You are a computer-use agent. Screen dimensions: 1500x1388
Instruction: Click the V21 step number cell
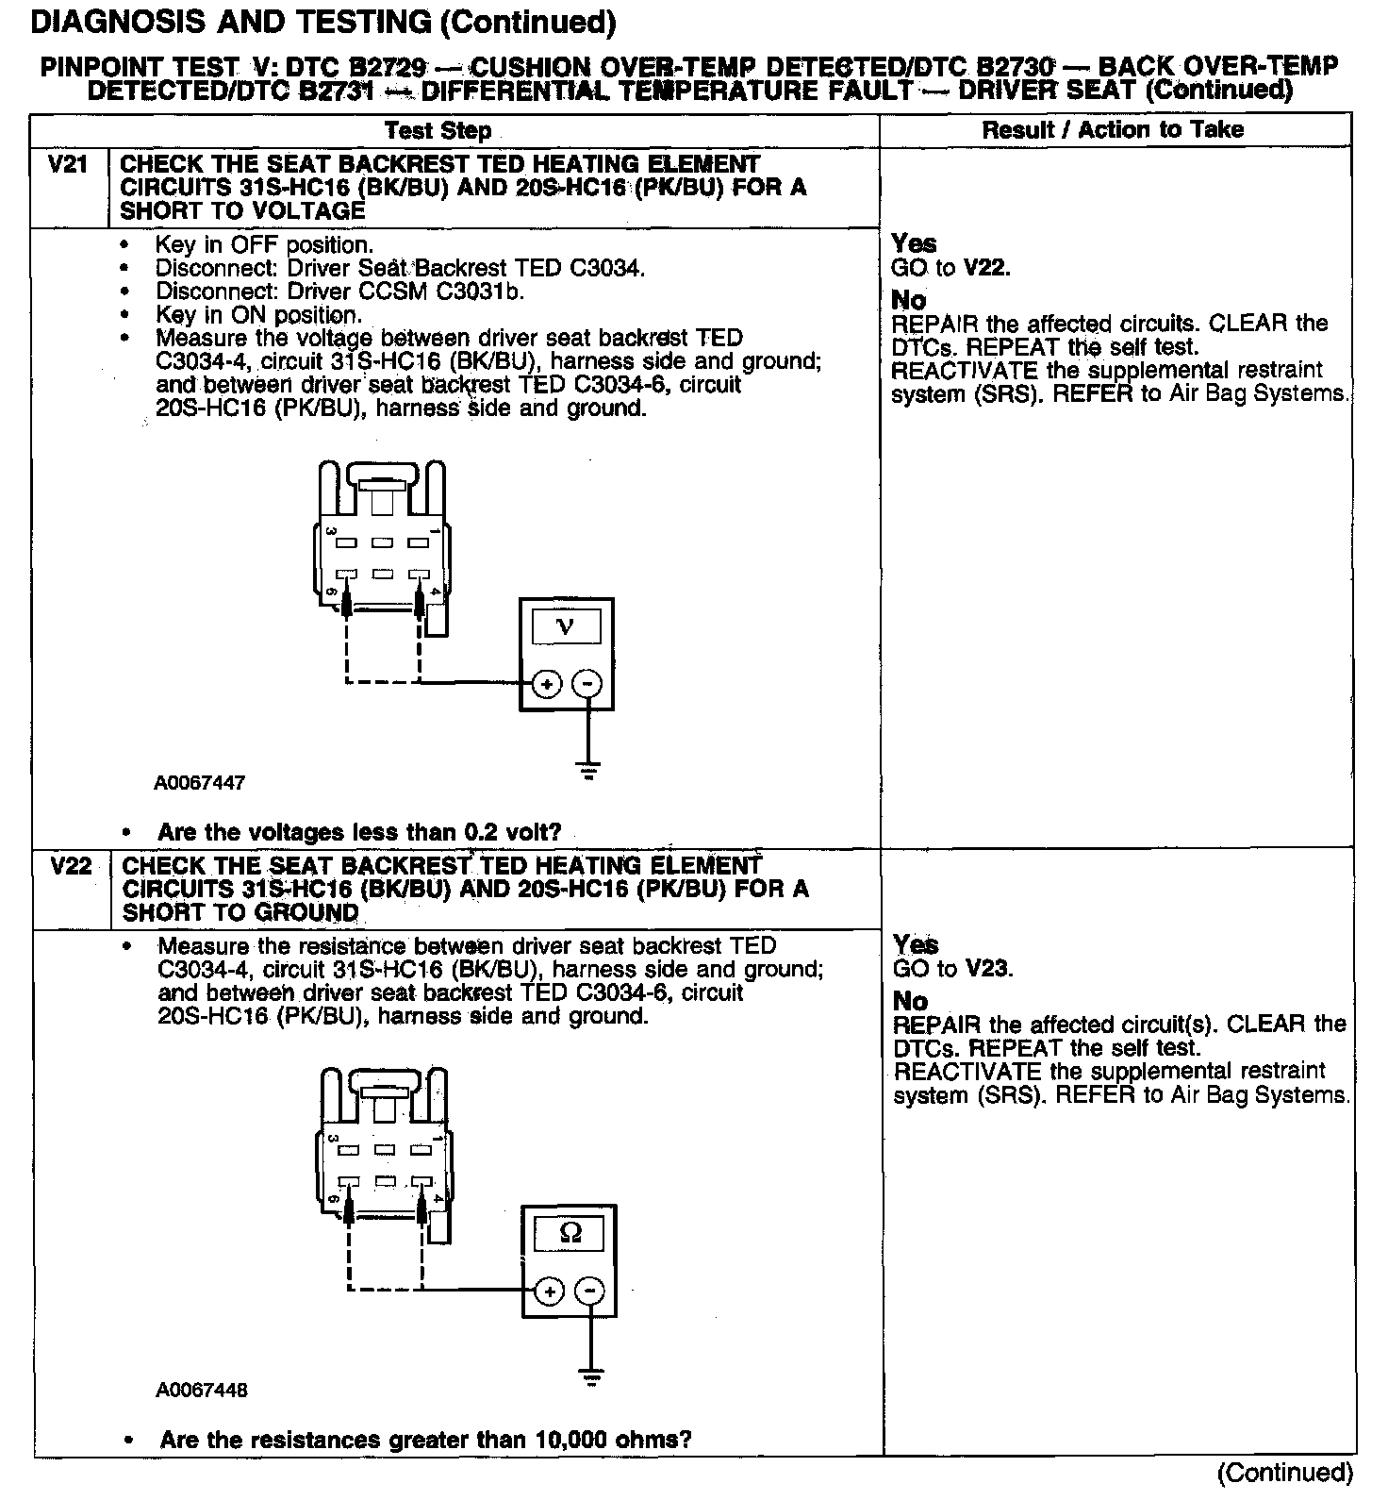(x=68, y=165)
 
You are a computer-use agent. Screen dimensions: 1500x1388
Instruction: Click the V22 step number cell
(x=70, y=866)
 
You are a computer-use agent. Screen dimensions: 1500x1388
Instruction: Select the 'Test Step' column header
(x=438, y=131)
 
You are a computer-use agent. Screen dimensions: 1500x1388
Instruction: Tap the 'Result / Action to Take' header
(x=1113, y=130)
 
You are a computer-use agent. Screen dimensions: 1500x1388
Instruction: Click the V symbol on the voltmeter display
(x=566, y=625)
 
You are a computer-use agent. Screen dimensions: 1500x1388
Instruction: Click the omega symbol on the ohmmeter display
(x=570, y=1232)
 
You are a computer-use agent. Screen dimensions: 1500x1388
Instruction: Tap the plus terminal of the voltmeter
(x=547, y=684)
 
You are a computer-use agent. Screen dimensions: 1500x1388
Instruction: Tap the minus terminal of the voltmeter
(x=587, y=684)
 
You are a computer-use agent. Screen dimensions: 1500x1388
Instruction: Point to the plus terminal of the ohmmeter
(x=550, y=1292)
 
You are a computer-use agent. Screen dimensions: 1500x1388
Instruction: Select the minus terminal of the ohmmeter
(x=590, y=1292)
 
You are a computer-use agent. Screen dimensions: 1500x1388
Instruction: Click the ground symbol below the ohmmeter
(x=591, y=1378)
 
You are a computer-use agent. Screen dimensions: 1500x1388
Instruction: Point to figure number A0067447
(x=200, y=783)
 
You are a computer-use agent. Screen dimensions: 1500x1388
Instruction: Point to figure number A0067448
(x=203, y=1391)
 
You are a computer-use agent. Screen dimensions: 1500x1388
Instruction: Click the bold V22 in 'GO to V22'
(x=986, y=267)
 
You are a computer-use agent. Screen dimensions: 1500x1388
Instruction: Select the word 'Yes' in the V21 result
(x=914, y=243)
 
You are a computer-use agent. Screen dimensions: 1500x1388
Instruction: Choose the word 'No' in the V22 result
(x=910, y=1001)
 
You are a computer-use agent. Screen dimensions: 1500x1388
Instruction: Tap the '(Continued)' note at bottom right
(x=1285, y=1473)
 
